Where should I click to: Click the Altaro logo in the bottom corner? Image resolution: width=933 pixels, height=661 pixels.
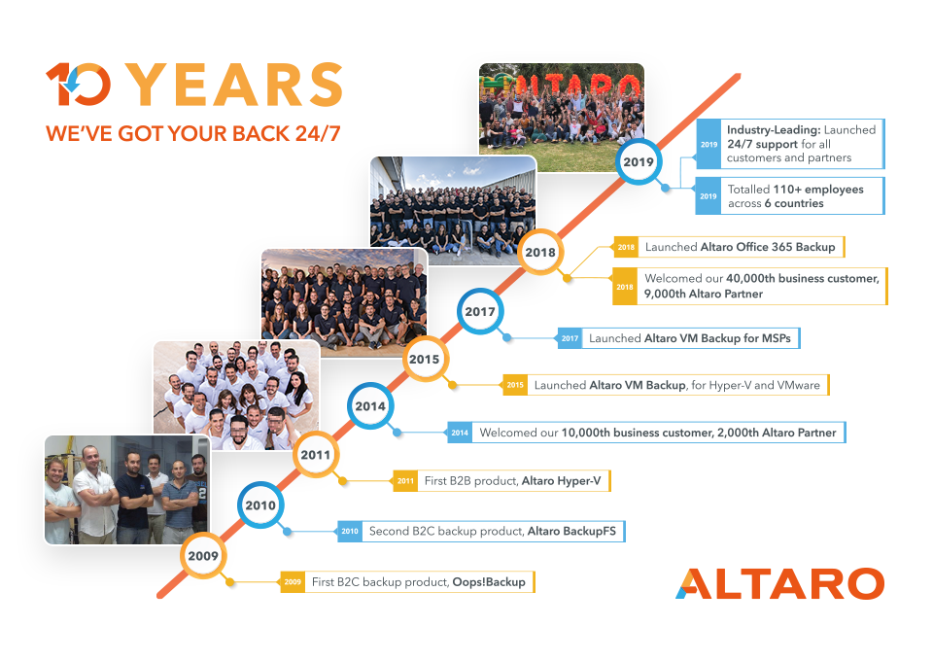pos(780,583)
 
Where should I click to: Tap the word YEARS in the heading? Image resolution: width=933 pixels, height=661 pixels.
pos(235,85)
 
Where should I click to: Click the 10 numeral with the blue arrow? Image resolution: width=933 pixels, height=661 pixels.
pos(78,85)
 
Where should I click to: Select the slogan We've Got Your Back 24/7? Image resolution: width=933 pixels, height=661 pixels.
pos(193,133)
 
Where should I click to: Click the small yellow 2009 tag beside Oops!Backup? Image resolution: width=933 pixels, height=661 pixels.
pos(293,582)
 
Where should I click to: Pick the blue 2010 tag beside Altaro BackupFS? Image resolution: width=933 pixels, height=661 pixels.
pos(350,532)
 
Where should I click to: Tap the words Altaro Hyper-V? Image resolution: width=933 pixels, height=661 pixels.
pos(561,481)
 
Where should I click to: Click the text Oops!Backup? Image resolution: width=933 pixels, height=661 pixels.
pos(489,582)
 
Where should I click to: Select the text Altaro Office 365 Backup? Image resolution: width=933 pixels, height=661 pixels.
pos(768,247)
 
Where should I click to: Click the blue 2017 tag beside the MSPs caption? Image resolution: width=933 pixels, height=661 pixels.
pos(570,338)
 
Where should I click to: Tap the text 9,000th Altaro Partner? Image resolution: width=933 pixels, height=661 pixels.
pos(704,294)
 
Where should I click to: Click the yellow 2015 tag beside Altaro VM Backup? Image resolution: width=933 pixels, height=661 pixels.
pos(515,385)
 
